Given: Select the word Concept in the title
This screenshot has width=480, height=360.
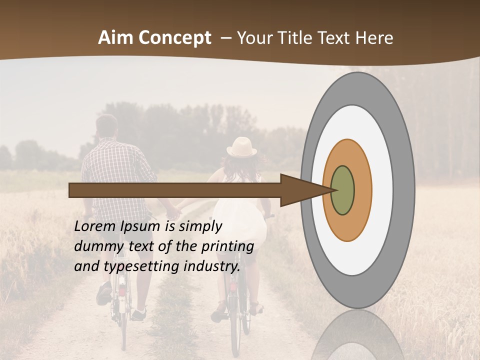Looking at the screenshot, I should pos(175,38).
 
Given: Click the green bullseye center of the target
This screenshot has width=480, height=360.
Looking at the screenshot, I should pos(342,190).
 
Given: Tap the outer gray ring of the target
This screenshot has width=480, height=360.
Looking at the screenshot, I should pos(405,190).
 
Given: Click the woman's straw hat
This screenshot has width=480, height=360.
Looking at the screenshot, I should pos(242,147).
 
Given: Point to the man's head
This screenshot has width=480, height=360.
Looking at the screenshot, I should pos(106,127).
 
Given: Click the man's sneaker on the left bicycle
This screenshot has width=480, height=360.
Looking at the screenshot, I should pos(104,293).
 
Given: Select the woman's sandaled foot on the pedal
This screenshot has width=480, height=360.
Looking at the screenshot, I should pos(218,312).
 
